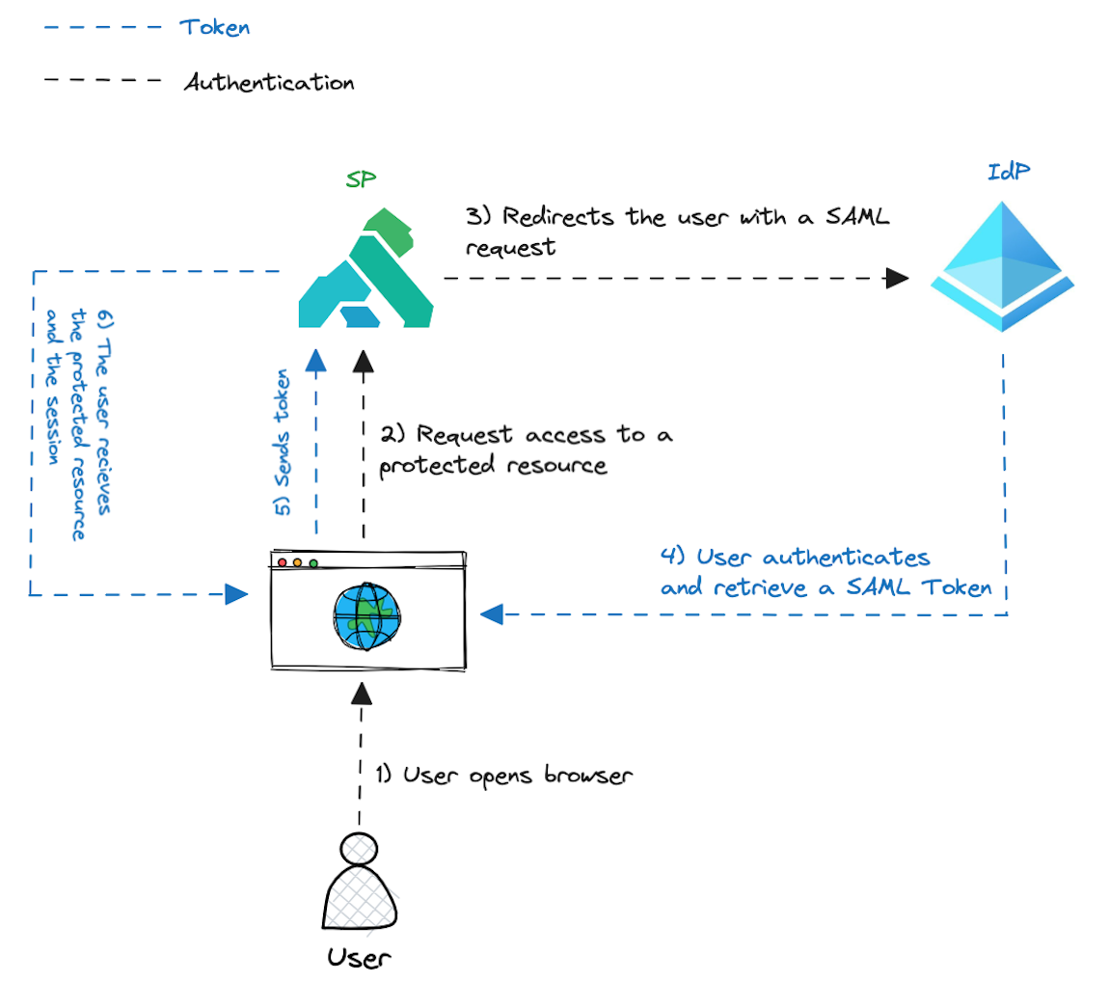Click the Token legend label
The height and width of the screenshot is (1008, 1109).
[x=215, y=27]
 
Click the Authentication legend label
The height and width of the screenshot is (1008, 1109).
[x=269, y=83]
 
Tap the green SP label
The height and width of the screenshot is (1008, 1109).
[x=361, y=180]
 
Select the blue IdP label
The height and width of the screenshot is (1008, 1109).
[x=1009, y=172]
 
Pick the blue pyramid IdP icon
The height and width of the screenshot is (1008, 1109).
[x=1003, y=266]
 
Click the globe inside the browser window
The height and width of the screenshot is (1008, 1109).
[x=365, y=614]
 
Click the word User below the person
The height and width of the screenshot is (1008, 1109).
[x=360, y=958]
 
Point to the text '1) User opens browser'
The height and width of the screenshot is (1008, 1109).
[x=503, y=776]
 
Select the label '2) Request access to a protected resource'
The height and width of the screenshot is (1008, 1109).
[x=524, y=450]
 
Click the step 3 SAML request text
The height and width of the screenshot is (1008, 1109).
[x=675, y=231]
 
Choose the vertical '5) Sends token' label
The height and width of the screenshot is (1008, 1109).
[x=283, y=441]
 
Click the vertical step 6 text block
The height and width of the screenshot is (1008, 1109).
[x=79, y=424]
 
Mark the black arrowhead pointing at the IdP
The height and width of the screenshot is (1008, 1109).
[x=898, y=279]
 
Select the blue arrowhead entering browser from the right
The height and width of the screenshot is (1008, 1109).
[x=492, y=613]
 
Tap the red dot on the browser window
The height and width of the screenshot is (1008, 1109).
[x=283, y=562]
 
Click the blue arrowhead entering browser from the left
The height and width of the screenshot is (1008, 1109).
[x=235, y=593]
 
